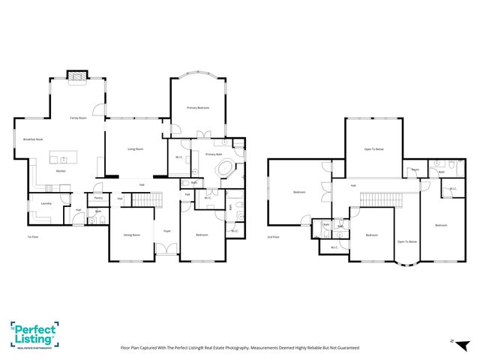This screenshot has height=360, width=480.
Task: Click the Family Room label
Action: coord(77,118)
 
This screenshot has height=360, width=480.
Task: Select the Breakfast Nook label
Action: coord(33,139)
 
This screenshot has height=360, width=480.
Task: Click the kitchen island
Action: coord(64,157)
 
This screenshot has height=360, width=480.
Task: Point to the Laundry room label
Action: coord(46,203)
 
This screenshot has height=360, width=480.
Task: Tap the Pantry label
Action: coord(97,198)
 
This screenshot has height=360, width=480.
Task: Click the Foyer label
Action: coord(166,231)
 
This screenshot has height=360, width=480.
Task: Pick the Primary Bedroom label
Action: coord(197,108)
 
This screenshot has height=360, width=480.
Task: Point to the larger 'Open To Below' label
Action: coord(373,149)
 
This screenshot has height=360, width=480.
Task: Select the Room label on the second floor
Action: coord(414,169)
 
